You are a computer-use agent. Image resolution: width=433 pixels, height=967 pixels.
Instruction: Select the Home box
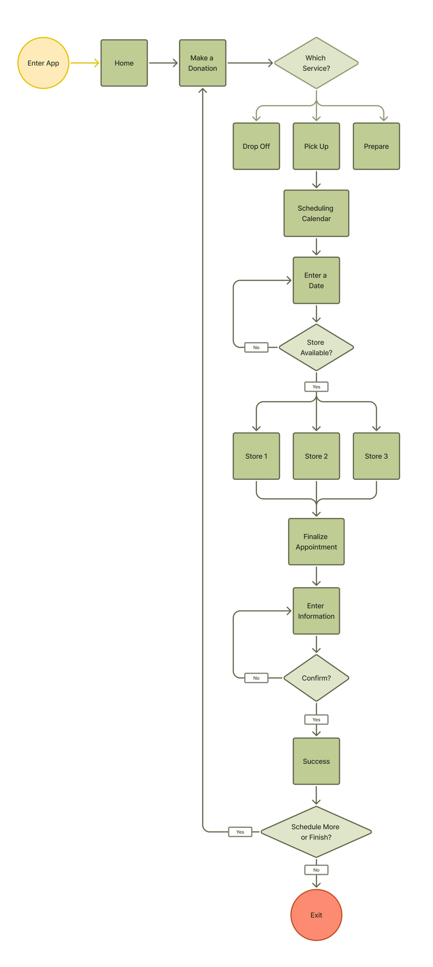click(x=124, y=63)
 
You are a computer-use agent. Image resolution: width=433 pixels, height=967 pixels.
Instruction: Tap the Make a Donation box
click(x=202, y=63)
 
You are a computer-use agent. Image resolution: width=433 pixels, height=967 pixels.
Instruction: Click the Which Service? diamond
click(x=316, y=63)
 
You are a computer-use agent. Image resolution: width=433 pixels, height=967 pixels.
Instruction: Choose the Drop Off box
click(x=256, y=146)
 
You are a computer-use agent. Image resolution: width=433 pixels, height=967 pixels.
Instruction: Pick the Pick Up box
click(x=316, y=146)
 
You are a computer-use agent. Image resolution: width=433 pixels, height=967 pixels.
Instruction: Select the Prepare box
click(x=376, y=146)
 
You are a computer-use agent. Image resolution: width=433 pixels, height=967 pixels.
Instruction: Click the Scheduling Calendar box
click(x=316, y=213)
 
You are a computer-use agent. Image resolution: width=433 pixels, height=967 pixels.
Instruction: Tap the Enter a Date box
click(x=316, y=280)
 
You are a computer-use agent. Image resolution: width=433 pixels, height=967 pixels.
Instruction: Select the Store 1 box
click(x=256, y=456)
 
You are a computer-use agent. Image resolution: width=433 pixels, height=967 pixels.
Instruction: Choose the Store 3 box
click(x=376, y=456)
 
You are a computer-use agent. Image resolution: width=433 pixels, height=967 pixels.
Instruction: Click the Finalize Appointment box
click(x=316, y=542)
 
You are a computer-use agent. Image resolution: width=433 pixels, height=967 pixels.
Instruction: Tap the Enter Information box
click(x=316, y=611)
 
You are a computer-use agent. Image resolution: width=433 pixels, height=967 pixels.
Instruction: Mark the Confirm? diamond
click(x=316, y=678)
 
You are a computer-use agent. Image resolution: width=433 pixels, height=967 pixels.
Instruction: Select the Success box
click(x=316, y=761)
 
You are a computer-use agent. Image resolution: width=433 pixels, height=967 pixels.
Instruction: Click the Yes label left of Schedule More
click(x=240, y=832)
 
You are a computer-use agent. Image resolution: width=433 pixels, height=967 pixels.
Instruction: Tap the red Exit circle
click(x=316, y=915)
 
